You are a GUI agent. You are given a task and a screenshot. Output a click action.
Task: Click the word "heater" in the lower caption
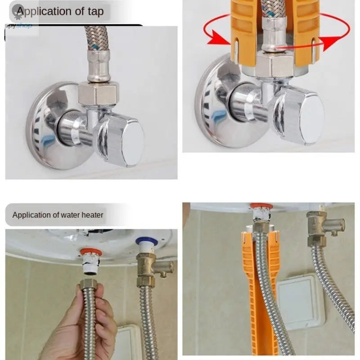(92, 215)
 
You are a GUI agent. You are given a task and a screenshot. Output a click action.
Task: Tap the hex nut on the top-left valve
(98, 94)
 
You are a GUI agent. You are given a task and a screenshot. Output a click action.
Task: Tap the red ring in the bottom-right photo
(261, 207)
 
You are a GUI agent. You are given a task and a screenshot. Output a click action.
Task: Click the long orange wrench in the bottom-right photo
(252, 288)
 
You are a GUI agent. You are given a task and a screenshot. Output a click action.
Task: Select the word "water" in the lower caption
(67, 215)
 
